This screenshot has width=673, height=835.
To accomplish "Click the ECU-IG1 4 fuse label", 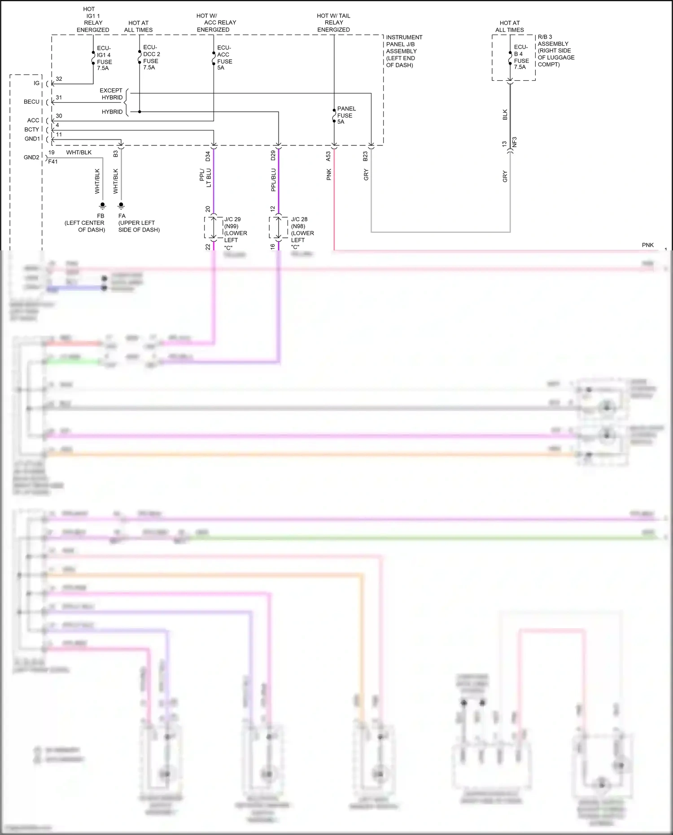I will (104, 58).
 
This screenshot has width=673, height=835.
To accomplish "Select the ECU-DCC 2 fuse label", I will (151, 57).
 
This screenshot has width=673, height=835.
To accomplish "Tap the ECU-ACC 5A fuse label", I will (224, 57).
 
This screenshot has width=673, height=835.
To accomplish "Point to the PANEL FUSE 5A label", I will (346, 115).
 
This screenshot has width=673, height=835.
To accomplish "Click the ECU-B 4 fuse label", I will (521, 57).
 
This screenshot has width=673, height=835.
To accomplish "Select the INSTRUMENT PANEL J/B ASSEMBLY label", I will (404, 51).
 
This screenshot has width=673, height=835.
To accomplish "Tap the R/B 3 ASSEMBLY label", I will (555, 51).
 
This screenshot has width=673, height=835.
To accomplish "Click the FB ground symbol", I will (103, 206).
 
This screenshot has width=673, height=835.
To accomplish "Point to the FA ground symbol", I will (121, 206).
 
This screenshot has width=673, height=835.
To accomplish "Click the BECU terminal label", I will (31, 102).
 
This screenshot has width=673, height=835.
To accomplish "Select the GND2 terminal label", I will (31, 157).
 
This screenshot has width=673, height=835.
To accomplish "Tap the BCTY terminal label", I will (31, 130).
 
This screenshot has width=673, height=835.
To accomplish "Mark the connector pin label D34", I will (208, 156).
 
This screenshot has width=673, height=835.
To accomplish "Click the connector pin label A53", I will (328, 156).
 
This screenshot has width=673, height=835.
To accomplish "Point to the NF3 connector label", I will (515, 142).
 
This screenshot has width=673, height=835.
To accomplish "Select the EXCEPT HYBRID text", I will (111, 94).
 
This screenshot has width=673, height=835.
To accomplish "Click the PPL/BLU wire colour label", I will (273, 180).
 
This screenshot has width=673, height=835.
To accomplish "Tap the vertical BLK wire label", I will (505, 114).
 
